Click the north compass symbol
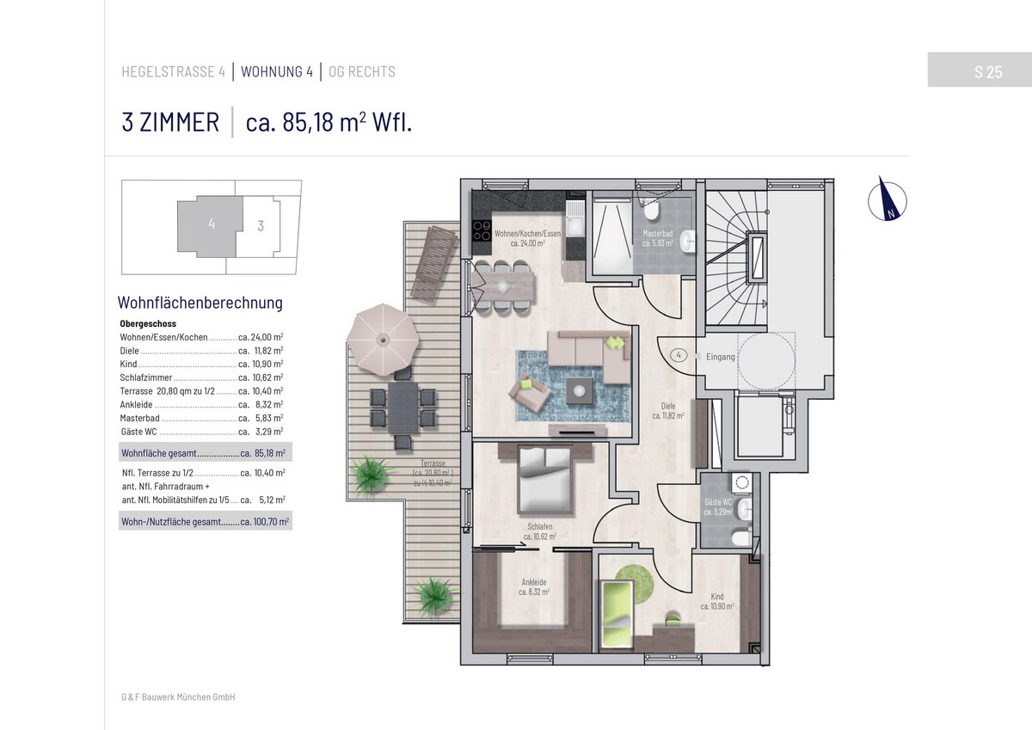tap(887, 201)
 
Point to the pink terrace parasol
tap(383, 340)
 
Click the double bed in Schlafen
tap(545, 480)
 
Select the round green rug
tap(634, 584)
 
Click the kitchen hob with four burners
tap(482, 230)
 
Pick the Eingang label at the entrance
tap(720, 357)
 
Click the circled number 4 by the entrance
tap(679, 355)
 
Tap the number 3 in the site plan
tap(261, 225)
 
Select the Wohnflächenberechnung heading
tap(200, 303)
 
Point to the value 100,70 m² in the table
tap(271, 522)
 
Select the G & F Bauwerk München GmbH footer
tap(178, 696)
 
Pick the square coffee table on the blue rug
tap(579, 390)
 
